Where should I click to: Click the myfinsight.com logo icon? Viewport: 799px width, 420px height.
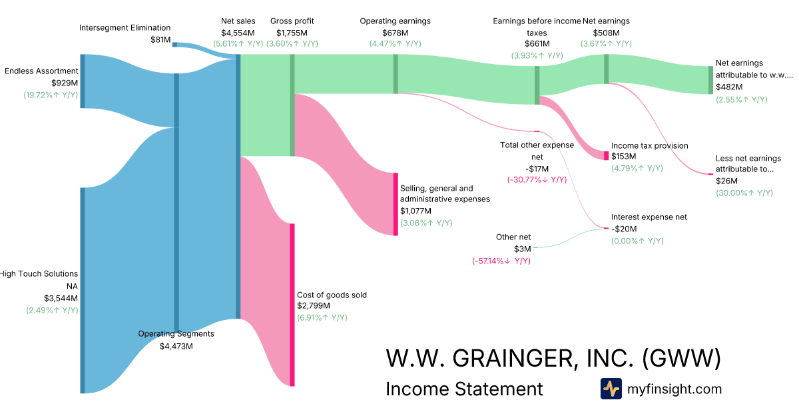coord(611,389)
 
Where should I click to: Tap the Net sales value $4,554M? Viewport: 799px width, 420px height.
coord(238,33)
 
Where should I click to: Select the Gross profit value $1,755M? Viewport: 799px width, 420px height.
coord(292,33)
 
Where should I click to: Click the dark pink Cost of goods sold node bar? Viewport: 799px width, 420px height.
coord(292,305)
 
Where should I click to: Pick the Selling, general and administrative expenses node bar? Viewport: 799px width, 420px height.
coord(396,204)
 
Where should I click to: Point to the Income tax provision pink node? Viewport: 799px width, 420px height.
coord(607,156)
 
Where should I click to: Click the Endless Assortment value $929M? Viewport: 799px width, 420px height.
coord(65,83)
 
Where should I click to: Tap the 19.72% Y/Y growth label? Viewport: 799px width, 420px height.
coord(51,95)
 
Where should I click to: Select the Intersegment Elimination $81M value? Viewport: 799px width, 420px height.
coord(160,39)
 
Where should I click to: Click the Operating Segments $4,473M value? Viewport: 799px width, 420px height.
coord(176,346)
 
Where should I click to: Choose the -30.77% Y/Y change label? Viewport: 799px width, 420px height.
coord(537,179)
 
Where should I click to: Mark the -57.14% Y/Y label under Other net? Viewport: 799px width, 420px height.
coord(501,261)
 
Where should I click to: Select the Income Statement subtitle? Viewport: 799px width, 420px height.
coord(464,389)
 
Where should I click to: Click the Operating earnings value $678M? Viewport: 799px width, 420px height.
coord(396,33)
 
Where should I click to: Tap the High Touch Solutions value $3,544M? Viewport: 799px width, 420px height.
coord(61,298)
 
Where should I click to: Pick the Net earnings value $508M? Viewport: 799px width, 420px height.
coord(606,33)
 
